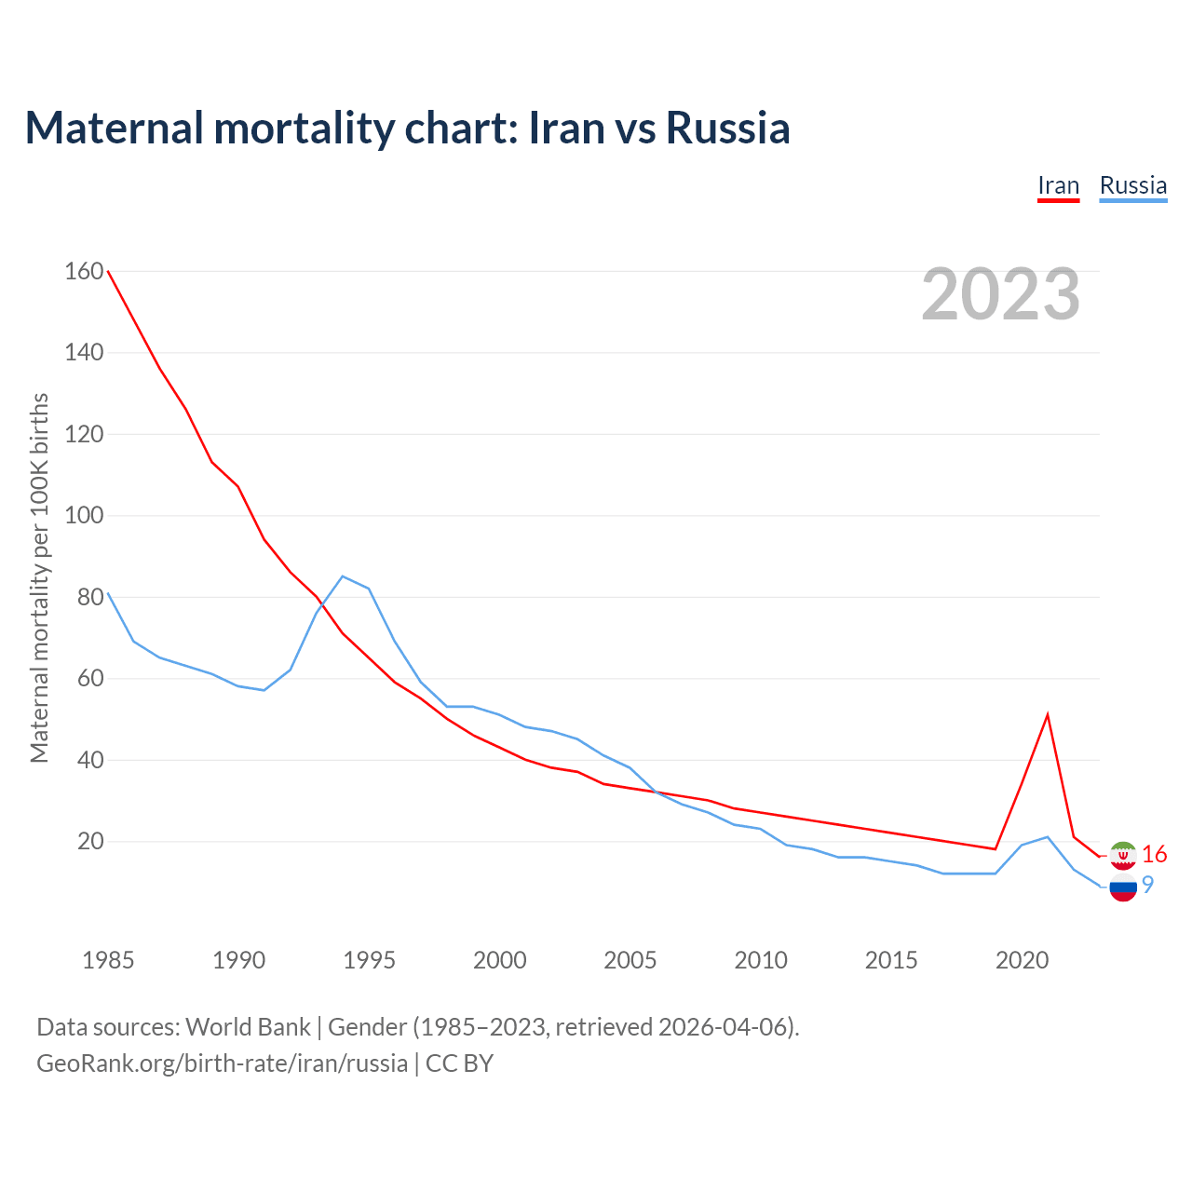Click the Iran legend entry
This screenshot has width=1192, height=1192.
[1058, 185]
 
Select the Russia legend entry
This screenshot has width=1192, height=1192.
[1132, 185]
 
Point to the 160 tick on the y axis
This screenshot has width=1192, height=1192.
[84, 271]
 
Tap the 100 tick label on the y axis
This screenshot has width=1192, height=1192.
[84, 515]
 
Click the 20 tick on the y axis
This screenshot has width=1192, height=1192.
[90, 841]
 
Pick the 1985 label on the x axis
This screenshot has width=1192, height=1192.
[108, 960]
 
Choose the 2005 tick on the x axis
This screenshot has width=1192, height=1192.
[630, 960]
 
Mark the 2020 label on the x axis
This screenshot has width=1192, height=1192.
[1022, 960]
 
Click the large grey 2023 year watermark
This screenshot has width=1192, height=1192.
[1000, 294]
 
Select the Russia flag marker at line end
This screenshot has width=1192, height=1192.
[1123, 887]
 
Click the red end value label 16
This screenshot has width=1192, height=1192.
[1154, 854]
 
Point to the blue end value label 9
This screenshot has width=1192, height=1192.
[1148, 885]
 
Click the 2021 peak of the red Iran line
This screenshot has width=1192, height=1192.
[1048, 715]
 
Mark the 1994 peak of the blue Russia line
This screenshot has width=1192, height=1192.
[343, 576]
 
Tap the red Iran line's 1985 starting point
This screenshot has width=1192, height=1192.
[108, 271]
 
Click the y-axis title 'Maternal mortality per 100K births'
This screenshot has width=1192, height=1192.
[39, 577]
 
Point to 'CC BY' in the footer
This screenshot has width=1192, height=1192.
[459, 1063]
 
